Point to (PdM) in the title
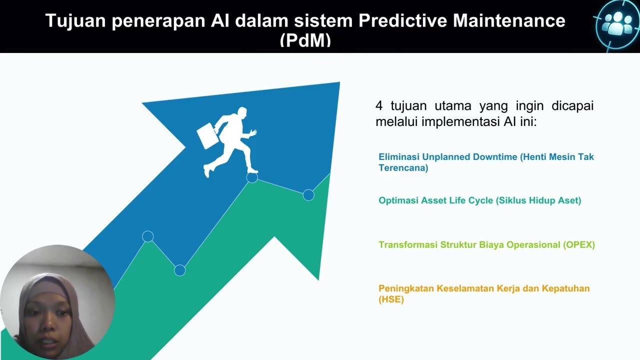[305, 40]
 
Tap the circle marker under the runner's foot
[252, 177]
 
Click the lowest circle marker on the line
[180, 270]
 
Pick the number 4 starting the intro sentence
[379, 106]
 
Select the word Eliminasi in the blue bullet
[399, 157]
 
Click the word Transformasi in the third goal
[408, 245]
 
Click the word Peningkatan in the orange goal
[406, 288]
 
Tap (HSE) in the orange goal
[391, 299]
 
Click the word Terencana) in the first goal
[403, 168]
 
